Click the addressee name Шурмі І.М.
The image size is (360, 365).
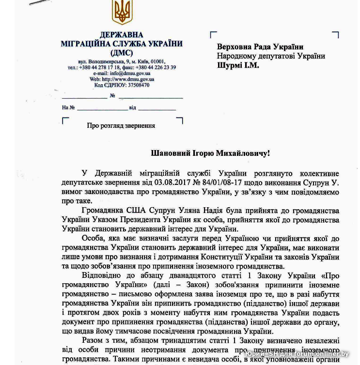click(x=238, y=65)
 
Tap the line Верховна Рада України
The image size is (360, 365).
click(x=260, y=47)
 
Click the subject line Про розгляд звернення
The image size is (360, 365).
click(x=121, y=125)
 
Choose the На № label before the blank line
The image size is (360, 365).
click(x=68, y=107)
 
